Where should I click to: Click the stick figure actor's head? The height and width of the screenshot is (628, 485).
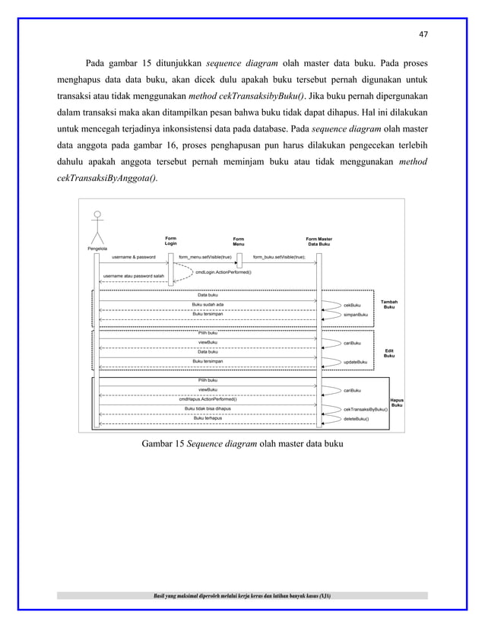pos(97,215)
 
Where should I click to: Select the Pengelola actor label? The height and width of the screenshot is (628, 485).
pos(97,249)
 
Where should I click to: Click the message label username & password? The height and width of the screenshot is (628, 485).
pos(134,257)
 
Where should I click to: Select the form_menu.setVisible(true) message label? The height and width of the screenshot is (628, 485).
pos(205,257)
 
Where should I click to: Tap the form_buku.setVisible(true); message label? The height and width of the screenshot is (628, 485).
pos(279,257)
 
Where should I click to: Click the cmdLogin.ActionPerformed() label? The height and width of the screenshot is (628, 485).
pos(223,271)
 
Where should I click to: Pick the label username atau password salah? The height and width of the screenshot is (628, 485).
pos(134,275)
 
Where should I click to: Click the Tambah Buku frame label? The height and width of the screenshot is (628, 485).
pos(388,304)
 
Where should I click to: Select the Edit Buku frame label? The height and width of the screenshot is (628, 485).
pos(388,353)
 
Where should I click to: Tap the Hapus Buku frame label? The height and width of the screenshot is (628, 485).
pos(396,402)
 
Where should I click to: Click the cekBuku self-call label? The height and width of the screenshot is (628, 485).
pos(352,305)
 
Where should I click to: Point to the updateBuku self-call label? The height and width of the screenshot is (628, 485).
pos(356,362)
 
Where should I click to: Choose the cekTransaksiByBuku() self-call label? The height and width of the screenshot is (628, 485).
pos(366,408)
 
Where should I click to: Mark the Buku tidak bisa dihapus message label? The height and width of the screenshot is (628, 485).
pos(208,408)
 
